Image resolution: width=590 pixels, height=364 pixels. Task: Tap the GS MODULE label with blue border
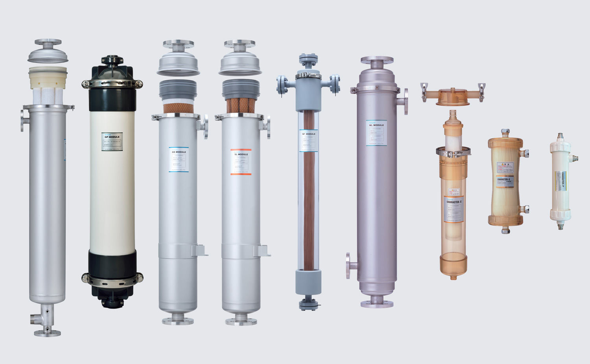pyautogui.click(x=179, y=159)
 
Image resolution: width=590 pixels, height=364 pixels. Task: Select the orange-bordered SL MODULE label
pyautogui.click(x=241, y=162)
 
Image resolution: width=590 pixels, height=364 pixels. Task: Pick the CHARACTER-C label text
pyautogui.click(x=454, y=202)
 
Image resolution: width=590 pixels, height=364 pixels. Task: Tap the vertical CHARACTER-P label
pyautogui.click(x=560, y=181)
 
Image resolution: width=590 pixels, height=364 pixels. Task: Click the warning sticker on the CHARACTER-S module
pyautogui.click(x=505, y=167)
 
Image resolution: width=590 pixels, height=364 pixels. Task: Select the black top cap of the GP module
pyautogui.click(x=112, y=71)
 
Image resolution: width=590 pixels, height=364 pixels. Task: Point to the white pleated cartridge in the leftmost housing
pyautogui.click(x=48, y=96)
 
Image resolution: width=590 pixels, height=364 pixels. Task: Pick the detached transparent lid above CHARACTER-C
pyautogui.click(x=453, y=96)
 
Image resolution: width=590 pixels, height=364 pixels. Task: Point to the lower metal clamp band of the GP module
pyautogui.click(x=112, y=279)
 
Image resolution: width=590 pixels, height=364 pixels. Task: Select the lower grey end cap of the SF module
pyautogui.click(x=308, y=282)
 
